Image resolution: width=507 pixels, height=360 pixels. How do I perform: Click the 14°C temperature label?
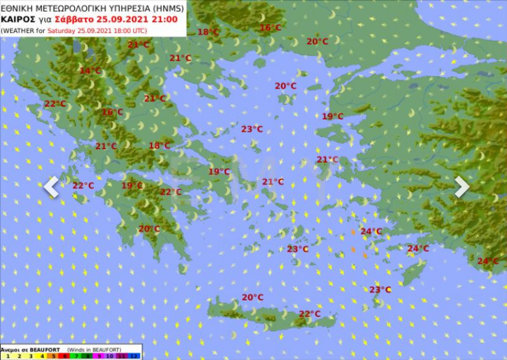point(90,71)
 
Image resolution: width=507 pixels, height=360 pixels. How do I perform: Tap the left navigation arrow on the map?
point(51,187)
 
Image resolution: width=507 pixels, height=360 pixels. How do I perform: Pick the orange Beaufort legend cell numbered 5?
point(54,357)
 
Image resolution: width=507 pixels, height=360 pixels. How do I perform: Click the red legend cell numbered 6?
point(65,357)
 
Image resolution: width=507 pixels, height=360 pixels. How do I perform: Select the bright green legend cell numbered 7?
point(77,357)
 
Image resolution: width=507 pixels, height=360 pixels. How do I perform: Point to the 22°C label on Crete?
point(309,314)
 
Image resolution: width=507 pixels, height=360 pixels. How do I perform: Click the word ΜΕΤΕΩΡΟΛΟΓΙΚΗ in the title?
point(70,8)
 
